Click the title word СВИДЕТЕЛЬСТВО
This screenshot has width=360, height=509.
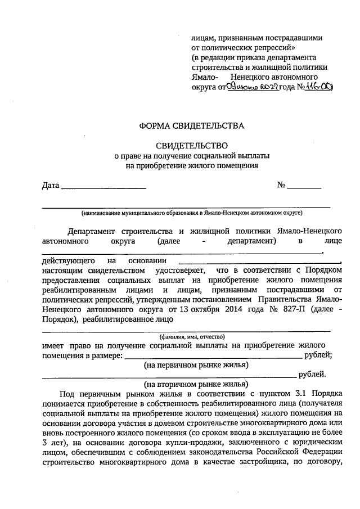pos(192,145)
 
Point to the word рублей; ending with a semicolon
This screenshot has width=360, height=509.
pos(320,355)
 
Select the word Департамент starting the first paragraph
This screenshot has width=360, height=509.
pos(91,231)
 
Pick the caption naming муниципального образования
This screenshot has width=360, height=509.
pos(192,213)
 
